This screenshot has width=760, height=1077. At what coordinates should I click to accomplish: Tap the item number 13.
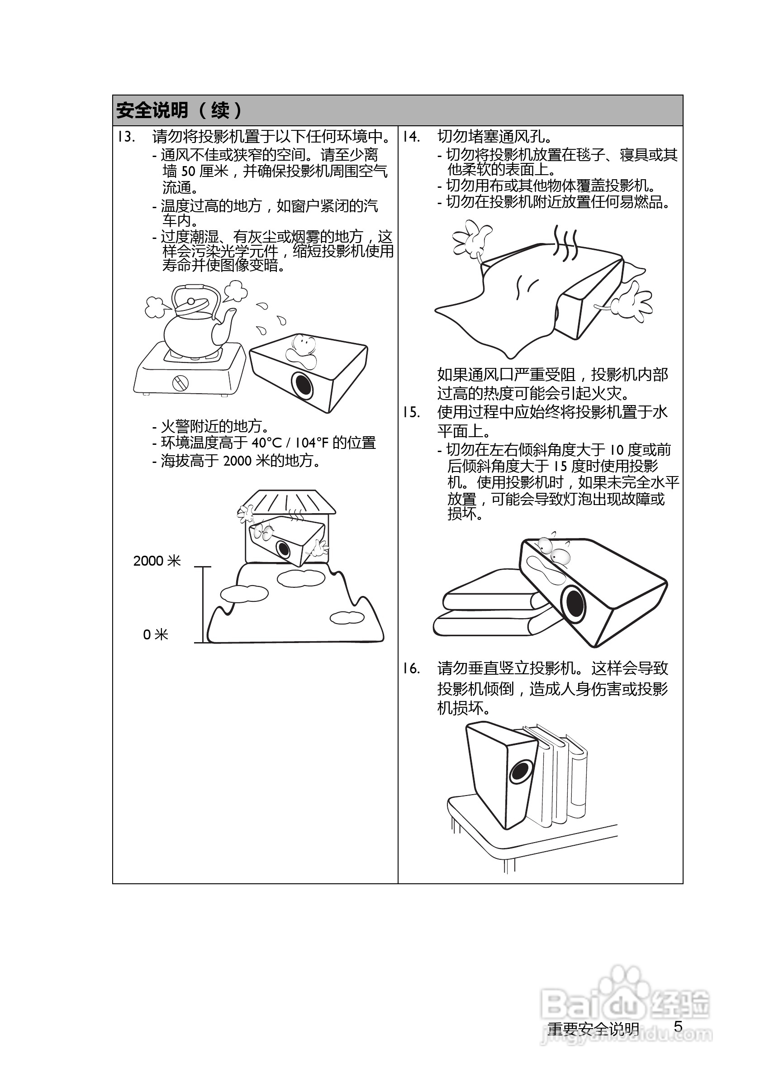(x=126, y=137)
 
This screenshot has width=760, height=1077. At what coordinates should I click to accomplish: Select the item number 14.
(x=411, y=137)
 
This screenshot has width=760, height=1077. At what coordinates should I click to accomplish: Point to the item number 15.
(x=411, y=412)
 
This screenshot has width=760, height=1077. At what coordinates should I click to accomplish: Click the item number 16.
(x=411, y=668)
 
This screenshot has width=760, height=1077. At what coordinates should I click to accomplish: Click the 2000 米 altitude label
(x=157, y=561)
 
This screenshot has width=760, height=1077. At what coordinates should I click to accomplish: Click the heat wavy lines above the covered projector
(x=565, y=243)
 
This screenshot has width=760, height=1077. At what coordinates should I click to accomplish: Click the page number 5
(x=678, y=1027)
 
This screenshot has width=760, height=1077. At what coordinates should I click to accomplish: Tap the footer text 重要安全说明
(x=593, y=1029)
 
